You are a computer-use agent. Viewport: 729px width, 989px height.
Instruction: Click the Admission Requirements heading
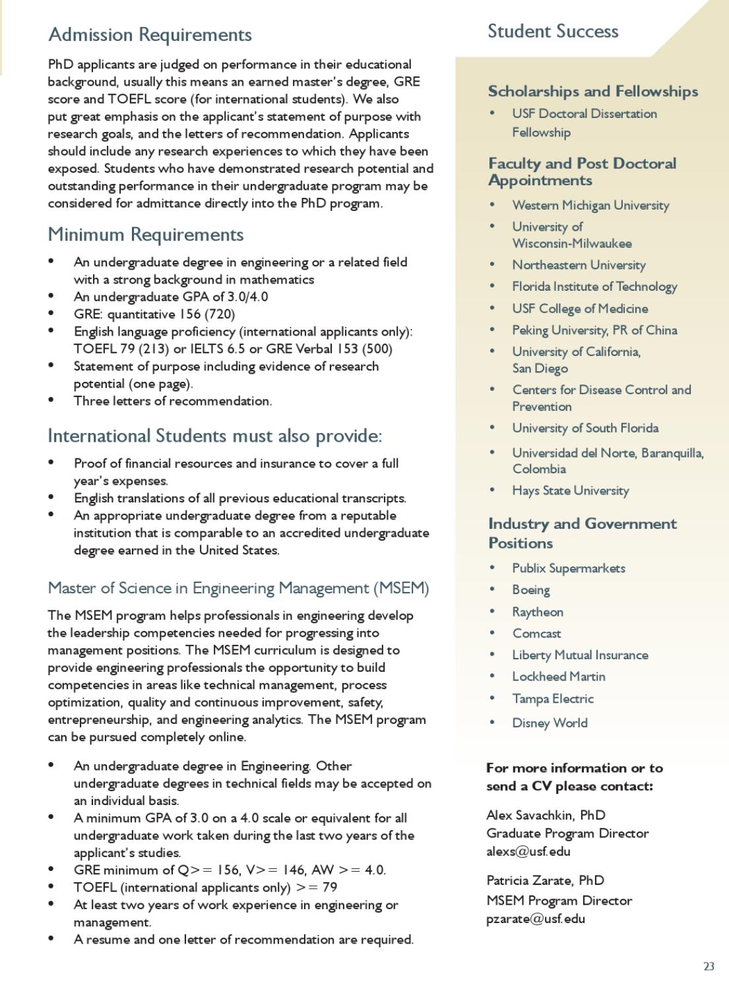point(150,34)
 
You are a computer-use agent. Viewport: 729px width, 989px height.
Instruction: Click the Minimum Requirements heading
point(146,235)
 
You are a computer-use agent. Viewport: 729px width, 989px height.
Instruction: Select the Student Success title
point(553,32)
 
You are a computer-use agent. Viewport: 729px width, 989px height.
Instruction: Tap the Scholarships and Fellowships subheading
point(592,92)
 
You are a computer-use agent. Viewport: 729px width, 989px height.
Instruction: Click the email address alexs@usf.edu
point(528,851)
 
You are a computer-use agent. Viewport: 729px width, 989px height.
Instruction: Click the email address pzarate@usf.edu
point(536,918)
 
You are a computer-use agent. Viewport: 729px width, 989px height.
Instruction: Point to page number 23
point(709,967)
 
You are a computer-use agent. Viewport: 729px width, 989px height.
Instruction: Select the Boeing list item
point(531,590)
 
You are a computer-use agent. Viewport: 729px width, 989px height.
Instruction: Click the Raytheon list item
point(538,612)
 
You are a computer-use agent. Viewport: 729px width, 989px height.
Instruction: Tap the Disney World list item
point(550,723)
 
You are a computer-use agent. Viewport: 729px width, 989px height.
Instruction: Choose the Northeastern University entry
point(579,265)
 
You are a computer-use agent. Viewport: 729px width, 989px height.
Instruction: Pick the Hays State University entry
point(571,491)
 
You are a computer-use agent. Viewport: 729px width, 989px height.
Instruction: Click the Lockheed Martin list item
point(559,676)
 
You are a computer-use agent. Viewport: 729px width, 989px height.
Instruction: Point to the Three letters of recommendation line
point(173,401)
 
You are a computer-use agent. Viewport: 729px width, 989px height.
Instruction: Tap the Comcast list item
point(536,634)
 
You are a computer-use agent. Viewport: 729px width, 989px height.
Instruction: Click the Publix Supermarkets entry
point(569,568)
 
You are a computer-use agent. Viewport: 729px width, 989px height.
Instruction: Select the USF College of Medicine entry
point(580,309)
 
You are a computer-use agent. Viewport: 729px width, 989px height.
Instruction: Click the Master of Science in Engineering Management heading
point(238,588)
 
